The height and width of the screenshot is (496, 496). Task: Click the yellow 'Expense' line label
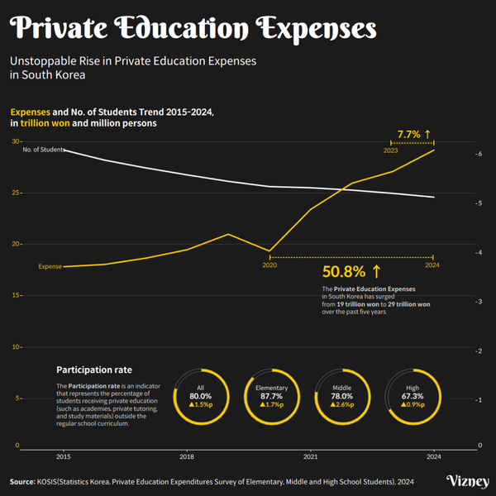[x=50, y=267]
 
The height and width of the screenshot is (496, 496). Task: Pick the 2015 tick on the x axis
[x=63, y=456]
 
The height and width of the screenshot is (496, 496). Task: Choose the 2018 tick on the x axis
[x=187, y=456]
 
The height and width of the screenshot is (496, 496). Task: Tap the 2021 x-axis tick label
[x=311, y=456]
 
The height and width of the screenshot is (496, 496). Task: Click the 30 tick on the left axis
[x=15, y=141]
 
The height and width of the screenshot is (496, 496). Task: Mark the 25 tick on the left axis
[x=15, y=193]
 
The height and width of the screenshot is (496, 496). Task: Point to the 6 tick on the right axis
[x=479, y=154]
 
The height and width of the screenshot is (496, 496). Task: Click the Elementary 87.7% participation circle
[x=271, y=397]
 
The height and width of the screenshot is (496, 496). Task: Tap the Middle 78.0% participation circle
[x=341, y=397]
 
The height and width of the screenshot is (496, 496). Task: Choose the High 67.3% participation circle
[x=413, y=397]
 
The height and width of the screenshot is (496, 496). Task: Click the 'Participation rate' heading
[x=93, y=370]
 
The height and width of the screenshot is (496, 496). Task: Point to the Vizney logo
[x=466, y=481]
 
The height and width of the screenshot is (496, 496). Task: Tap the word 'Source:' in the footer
[x=22, y=481]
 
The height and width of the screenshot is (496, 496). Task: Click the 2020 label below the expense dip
[x=269, y=265]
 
